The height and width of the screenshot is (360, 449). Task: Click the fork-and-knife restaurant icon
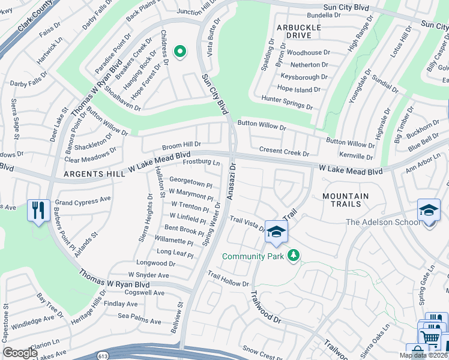point(38,211)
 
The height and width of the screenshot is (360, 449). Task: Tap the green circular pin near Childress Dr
point(179,52)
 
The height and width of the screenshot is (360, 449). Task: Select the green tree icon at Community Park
point(293,256)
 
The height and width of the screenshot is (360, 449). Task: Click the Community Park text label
point(252,256)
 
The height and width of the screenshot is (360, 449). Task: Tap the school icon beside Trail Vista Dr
point(276,232)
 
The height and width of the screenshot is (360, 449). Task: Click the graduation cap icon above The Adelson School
point(429,211)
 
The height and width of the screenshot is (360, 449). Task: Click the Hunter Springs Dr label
point(287,102)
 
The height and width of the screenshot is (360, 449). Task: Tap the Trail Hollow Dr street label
point(228,279)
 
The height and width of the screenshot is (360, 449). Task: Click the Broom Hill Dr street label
point(181,145)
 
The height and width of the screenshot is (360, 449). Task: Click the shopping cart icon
point(430,338)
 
